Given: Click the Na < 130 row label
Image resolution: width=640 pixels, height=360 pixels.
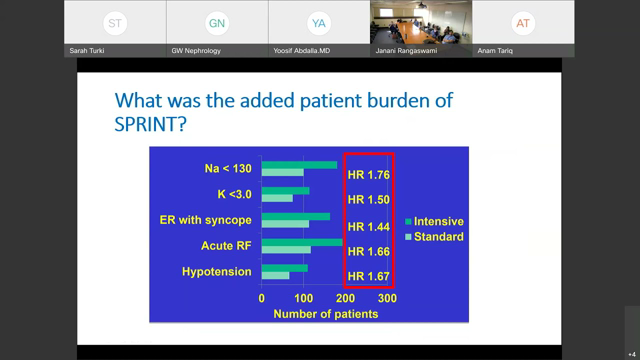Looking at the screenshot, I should pyautogui.click(x=224, y=169).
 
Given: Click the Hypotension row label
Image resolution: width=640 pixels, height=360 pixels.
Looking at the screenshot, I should pyautogui.click(x=216, y=271).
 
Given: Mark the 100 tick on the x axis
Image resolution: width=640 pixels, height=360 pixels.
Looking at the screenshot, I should pyautogui.click(x=303, y=298).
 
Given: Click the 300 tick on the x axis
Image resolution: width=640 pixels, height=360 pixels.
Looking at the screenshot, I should pyautogui.click(x=386, y=298).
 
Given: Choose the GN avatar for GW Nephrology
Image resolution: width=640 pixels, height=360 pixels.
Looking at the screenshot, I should pyautogui.click(x=215, y=22).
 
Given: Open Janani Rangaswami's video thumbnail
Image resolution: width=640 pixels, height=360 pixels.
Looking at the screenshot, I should pyautogui.click(x=420, y=28).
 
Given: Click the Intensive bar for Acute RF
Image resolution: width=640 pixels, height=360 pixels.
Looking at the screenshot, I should pyautogui.click(x=301, y=242).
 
